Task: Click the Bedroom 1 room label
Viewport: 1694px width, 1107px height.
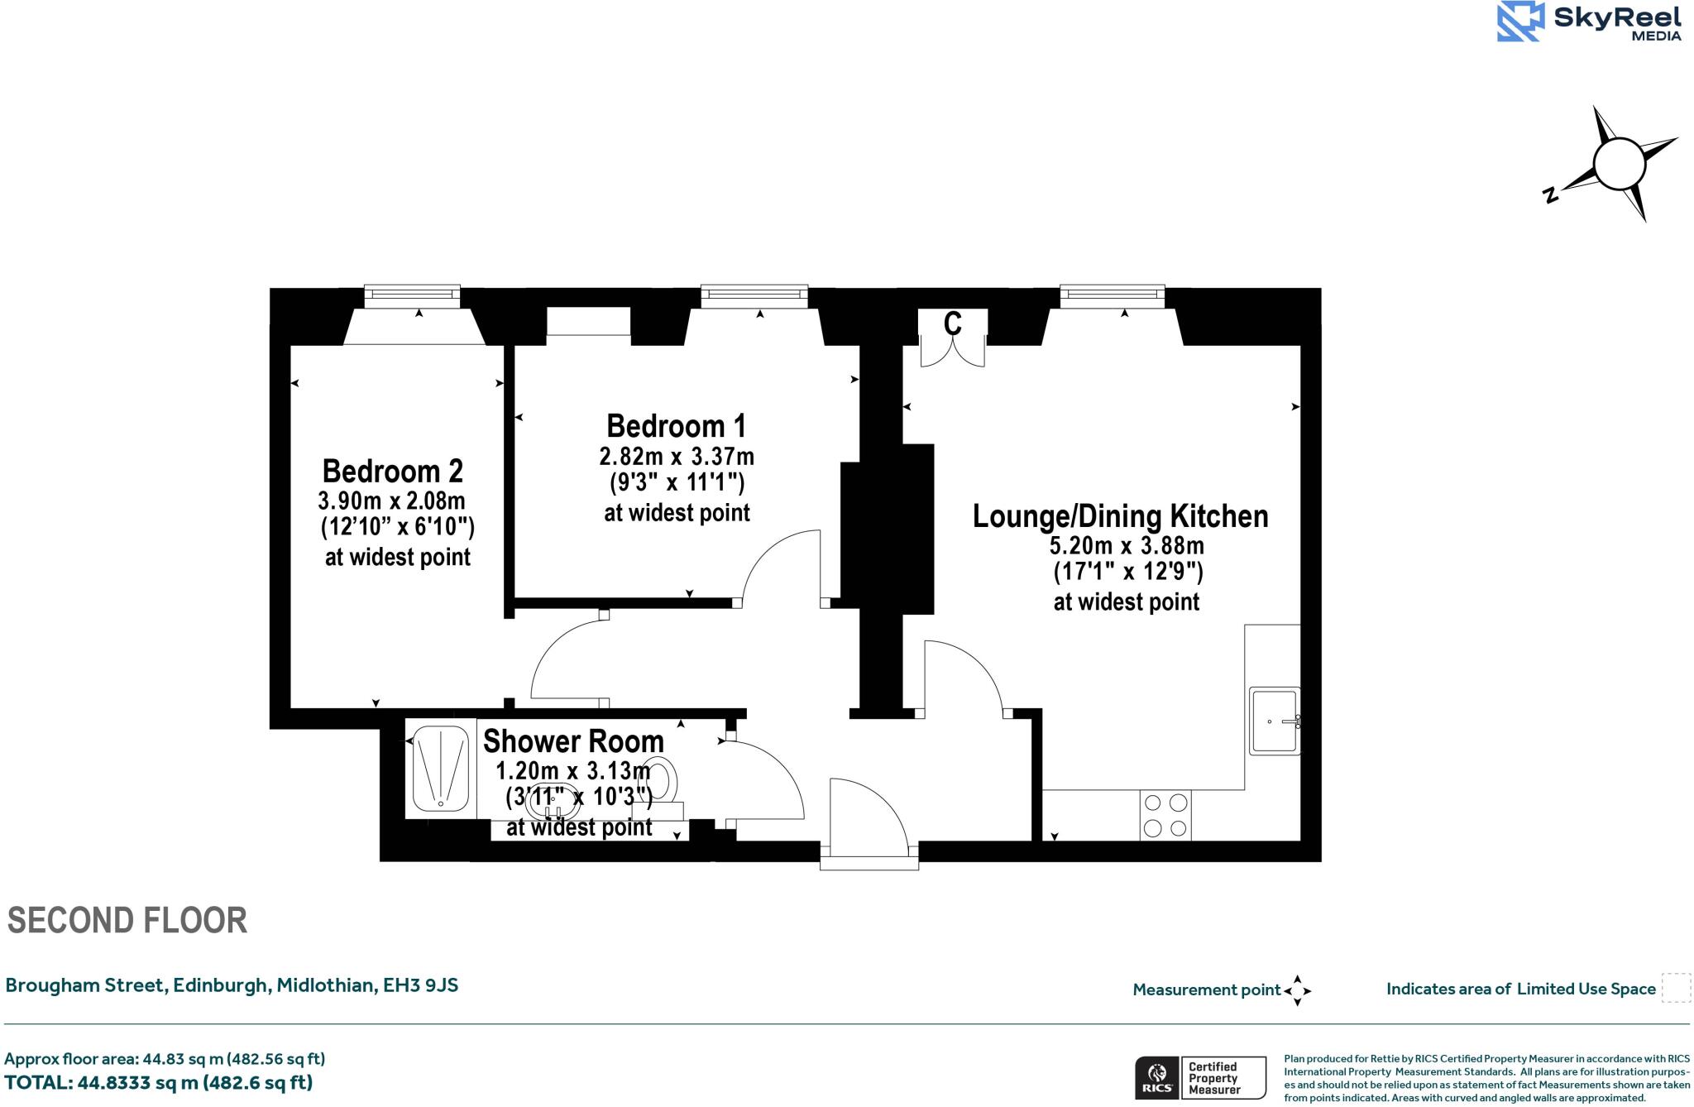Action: pos(676,427)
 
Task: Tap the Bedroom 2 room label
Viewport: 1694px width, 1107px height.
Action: pos(392,472)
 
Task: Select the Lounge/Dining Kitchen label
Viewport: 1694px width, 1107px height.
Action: pos(1120,516)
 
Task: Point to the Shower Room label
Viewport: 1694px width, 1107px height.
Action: pos(573,741)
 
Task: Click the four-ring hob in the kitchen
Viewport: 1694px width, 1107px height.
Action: pos(1165,815)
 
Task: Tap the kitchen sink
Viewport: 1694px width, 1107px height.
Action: pos(1275,721)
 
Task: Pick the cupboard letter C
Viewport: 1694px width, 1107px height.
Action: pos(953,323)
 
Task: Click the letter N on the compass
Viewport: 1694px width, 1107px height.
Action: pos(1551,195)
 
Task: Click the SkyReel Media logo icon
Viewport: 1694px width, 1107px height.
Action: pos(1520,21)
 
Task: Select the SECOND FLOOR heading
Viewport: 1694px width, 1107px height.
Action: pos(127,921)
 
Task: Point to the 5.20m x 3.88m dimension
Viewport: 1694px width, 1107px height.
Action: pos(1127,546)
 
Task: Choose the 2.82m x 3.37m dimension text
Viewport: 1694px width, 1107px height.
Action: pos(676,457)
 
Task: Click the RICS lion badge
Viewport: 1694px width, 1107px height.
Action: pos(1156,1078)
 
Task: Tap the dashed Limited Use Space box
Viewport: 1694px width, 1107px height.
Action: pos(1676,988)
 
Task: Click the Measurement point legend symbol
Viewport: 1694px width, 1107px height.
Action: pos(1297,990)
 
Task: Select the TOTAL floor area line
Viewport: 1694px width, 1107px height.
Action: pos(159,1083)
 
